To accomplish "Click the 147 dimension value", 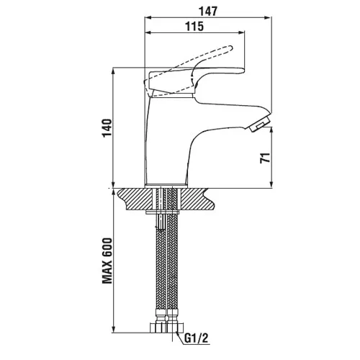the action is pos(208,12).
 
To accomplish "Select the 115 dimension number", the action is pos(194,26).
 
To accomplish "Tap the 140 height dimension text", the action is pos(107,127).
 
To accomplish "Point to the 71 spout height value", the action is pos(265,158).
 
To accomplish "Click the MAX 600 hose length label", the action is pos(107,261).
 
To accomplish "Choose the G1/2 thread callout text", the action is pos(197,338).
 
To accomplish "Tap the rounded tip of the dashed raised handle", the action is pos(230,48).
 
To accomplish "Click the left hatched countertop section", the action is pos(136,199).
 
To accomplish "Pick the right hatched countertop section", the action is pos(196,199).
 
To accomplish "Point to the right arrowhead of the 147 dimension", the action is pos(268,17).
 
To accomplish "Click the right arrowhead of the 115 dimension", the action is pos(241,32).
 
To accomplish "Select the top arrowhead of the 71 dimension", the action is pos(271,130).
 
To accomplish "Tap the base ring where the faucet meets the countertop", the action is pos(166,186).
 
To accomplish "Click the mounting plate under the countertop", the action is pos(163,212).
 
